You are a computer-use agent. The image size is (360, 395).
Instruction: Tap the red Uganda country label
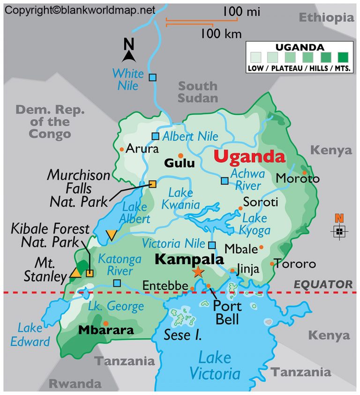[249, 157]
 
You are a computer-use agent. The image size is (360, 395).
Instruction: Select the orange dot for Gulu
[180, 155]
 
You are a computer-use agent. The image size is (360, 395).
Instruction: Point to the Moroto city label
[297, 179]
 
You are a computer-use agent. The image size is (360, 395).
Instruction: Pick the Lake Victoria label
[215, 366]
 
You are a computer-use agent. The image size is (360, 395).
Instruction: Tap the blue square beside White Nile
[152, 77]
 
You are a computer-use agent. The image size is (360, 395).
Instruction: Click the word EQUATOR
[323, 284]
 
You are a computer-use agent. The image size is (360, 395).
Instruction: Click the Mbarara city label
[106, 330]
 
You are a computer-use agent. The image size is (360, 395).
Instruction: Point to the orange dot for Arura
[122, 149]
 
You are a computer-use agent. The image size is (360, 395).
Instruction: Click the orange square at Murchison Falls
[152, 184]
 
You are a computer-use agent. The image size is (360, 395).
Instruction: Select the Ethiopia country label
[326, 18]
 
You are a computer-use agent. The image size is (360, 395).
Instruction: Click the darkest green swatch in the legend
[343, 58]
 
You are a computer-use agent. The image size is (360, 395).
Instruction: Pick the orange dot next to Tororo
[272, 264]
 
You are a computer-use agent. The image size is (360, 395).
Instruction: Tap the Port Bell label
[227, 313]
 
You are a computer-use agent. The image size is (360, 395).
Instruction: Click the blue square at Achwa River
[225, 181]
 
